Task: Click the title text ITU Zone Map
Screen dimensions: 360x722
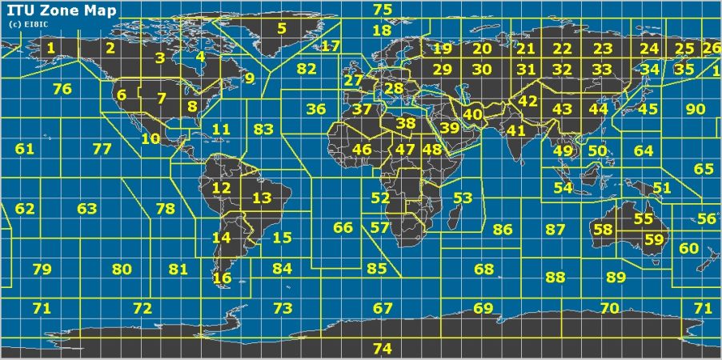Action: (62, 11)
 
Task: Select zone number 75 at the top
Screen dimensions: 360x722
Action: (383, 10)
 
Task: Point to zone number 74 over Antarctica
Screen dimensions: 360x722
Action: (383, 348)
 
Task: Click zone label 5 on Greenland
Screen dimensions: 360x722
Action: (281, 29)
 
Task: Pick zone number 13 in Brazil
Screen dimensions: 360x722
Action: (262, 198)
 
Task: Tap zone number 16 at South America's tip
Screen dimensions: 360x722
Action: (222, 278)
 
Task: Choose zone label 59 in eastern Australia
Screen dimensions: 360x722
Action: (654, 238)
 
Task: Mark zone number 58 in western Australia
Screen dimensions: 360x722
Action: (604, 230)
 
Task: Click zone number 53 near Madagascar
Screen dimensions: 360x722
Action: (463, 198)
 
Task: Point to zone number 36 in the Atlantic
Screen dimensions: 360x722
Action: (316, 109)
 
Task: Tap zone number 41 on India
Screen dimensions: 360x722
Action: (516, 130)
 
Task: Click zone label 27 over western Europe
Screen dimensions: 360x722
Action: (353, 81)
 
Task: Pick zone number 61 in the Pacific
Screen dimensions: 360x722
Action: (25, 149)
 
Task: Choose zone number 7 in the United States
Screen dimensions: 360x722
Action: (161, 99)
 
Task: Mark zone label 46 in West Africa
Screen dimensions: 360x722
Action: (362, 149)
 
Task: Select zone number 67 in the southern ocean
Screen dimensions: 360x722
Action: (383, 308)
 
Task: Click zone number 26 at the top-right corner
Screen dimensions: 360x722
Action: (711, 48)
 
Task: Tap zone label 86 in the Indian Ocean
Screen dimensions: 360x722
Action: (502, 230)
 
